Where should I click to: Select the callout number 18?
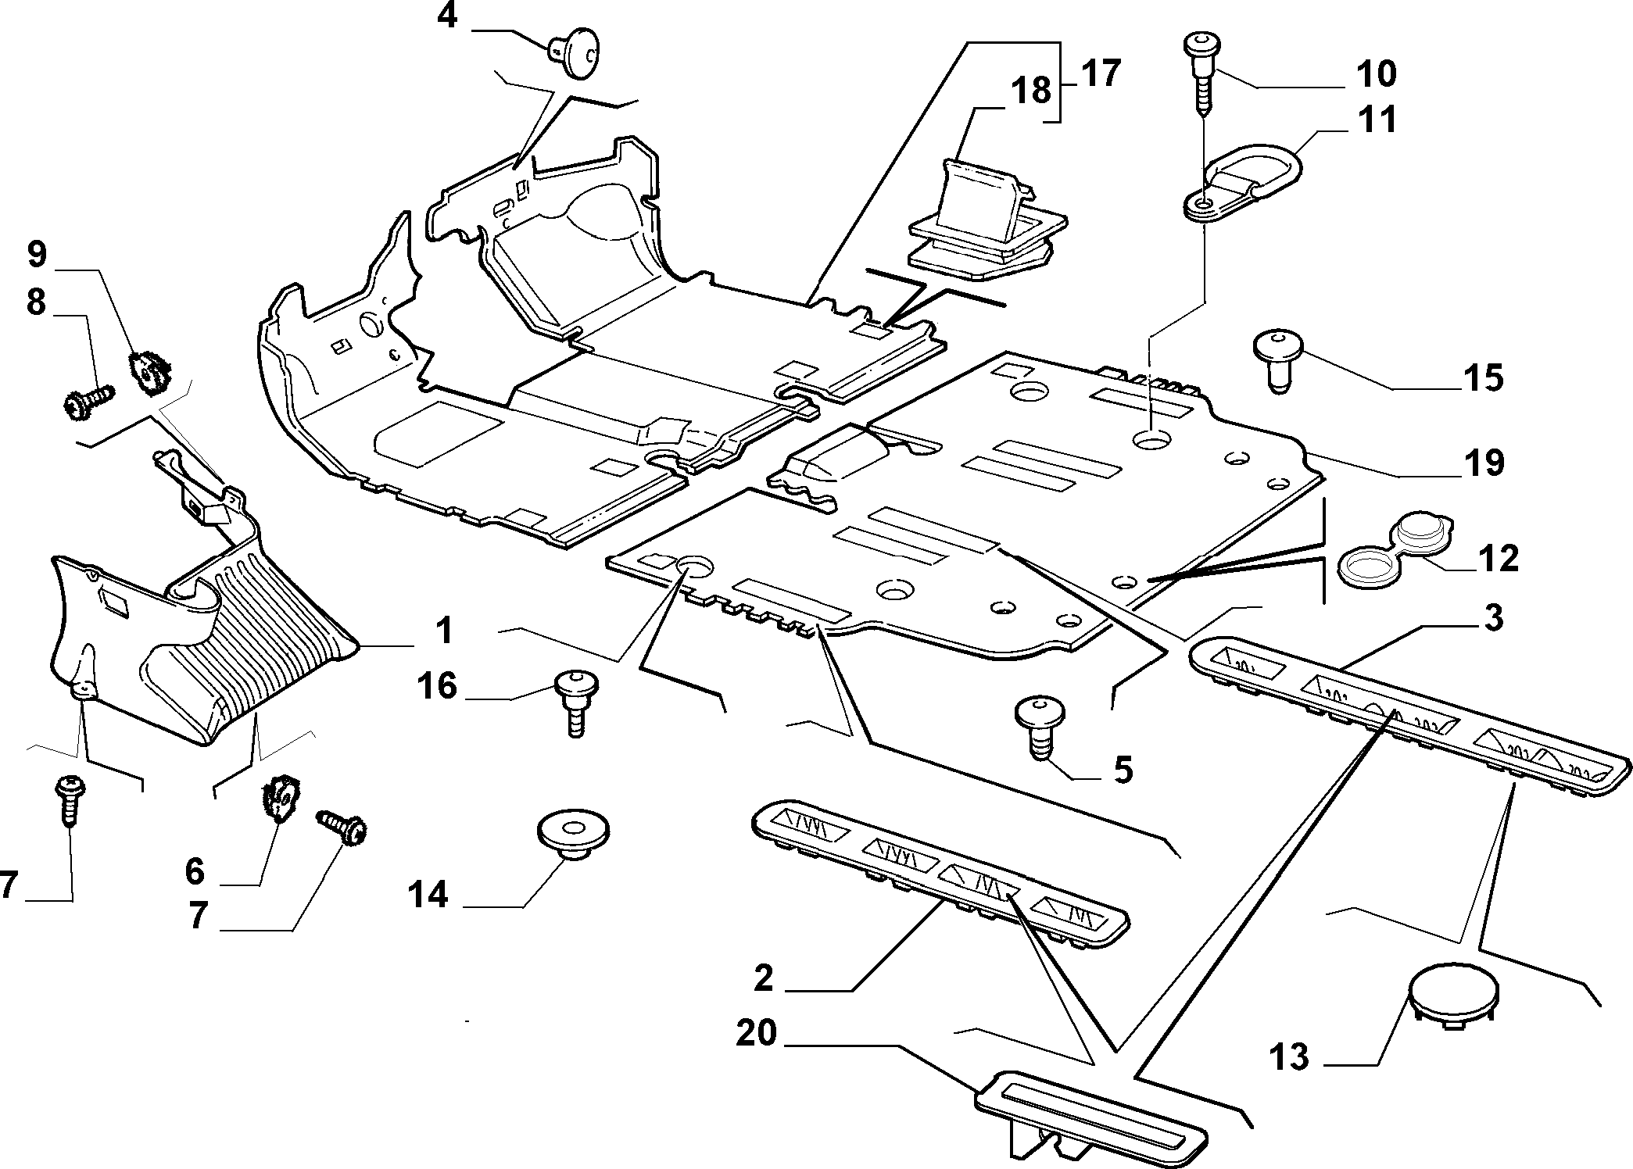[x=1031, y=90]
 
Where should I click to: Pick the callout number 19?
[x=1484, y=463]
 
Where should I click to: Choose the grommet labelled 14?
[x=574, y=835]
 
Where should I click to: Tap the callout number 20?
[x=757, y=1033]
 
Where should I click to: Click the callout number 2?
[x=764, y=978]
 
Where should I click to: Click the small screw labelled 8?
[x=88, y=400]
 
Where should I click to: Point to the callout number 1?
[x=444, y=630]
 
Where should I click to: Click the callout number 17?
[x=1101, y=73]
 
